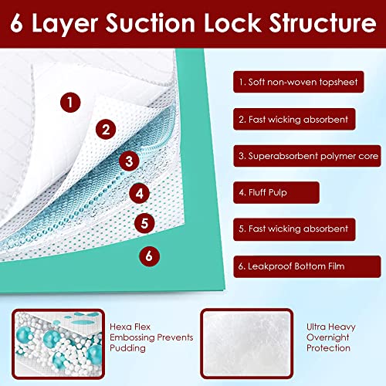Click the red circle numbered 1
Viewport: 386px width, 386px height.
click(x=70, y=101)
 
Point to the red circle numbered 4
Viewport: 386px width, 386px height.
click(x=139, y=193)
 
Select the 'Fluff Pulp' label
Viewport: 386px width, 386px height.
click(x=266, y=192)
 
